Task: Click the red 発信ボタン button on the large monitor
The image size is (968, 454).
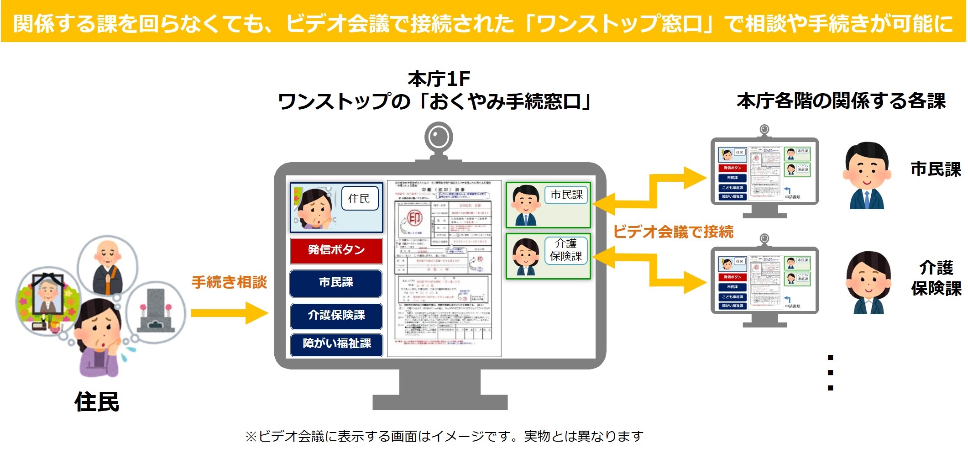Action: pos(336,250)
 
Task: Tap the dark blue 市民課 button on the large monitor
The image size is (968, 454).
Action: pos(336,283)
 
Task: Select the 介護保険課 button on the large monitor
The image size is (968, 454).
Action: pos(336,315)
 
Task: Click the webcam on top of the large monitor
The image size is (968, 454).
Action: pos(439,137)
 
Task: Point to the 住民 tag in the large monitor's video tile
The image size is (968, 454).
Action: pos(360,198)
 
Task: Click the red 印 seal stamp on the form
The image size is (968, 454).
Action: pos(414,218)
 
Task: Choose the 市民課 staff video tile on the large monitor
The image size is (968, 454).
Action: pos(548,205)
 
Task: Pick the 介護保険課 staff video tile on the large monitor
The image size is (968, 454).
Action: pos(548,256)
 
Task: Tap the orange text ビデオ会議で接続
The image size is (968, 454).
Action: pos(673,232)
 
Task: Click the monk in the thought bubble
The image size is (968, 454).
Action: pos(108,267)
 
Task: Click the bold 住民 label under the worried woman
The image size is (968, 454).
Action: pos(97,402)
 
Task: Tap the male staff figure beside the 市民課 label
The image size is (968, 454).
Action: pos(866,176)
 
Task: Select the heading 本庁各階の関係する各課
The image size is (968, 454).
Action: pos(841,101)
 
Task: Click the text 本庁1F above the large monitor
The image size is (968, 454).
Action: pos(439,79)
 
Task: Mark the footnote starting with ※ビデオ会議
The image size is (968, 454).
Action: pos(444,437)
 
